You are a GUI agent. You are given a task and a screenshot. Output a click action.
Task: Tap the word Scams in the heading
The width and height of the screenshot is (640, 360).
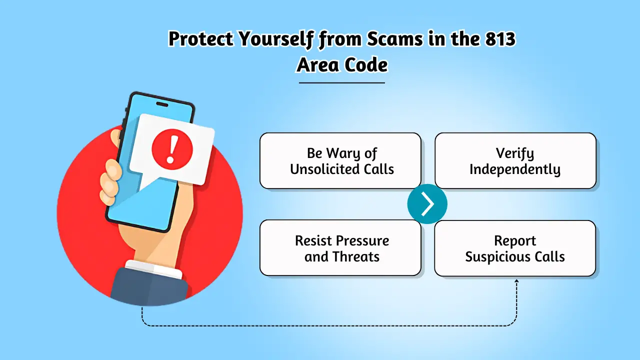[x=395, y=38]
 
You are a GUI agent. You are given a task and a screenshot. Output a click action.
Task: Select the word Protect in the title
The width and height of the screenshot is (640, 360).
[x=200, y=38]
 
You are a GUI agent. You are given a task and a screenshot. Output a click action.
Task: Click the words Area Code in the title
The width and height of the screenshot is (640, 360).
[x=342, y=65]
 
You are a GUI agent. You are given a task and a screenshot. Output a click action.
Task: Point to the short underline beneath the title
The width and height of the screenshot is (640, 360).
[x=342, y=83]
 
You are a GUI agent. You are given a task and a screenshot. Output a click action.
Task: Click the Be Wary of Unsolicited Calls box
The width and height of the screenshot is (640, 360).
[x=340, y=160]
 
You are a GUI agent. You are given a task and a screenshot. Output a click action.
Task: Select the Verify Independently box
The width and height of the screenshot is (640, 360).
[x=515, y=160]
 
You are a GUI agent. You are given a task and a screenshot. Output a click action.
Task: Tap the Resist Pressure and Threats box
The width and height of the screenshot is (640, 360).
[x=340, y=247]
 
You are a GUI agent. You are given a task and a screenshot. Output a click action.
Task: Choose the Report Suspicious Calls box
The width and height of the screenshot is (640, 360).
[x=515, y=248]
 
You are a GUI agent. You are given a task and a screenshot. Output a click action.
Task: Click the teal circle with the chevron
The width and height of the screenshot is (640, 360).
[x=427, y=204]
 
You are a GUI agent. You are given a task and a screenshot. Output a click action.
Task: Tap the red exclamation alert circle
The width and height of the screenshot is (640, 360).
[x=172, y=149]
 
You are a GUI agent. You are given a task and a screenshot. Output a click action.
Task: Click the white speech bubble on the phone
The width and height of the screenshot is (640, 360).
[x=171, y=150]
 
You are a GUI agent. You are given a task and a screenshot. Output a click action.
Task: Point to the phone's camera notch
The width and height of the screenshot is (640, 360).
[x=162, y=104]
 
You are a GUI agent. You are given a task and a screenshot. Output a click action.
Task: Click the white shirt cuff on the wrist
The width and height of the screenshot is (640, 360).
[x=153, y=268]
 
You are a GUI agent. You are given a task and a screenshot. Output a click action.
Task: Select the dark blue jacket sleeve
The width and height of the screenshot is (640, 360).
[x=148, y=287]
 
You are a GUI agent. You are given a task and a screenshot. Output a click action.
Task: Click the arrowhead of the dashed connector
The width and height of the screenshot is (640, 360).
[x=516, y=282]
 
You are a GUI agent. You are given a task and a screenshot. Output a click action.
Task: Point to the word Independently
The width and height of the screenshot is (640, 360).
[x=515, y=169]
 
